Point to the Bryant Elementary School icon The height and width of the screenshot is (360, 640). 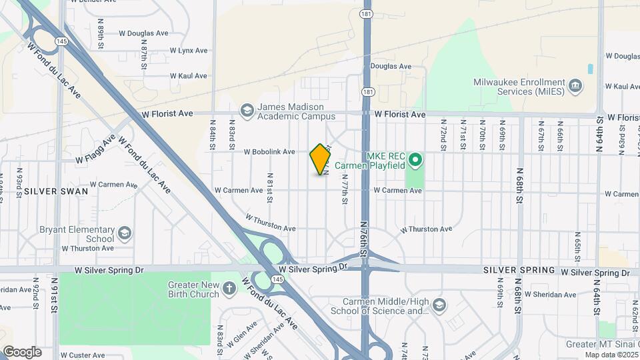124,233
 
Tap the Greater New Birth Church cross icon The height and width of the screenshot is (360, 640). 229,289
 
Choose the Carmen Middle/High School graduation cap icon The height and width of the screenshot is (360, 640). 439,305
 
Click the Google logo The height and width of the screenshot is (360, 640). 22,352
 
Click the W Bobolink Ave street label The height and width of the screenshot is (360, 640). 269,152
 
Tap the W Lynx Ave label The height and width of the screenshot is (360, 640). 189,51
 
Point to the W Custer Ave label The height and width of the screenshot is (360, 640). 83,355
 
